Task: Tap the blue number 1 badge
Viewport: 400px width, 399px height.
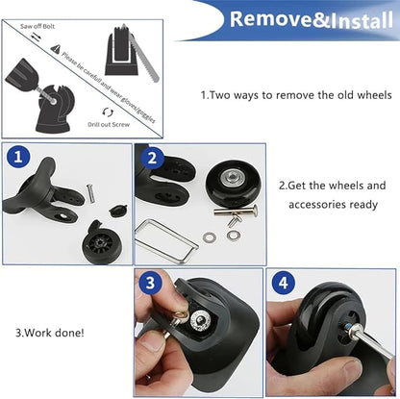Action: [x=17, y=158]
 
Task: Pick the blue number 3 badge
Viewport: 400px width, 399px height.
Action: [x=147, y=284]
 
